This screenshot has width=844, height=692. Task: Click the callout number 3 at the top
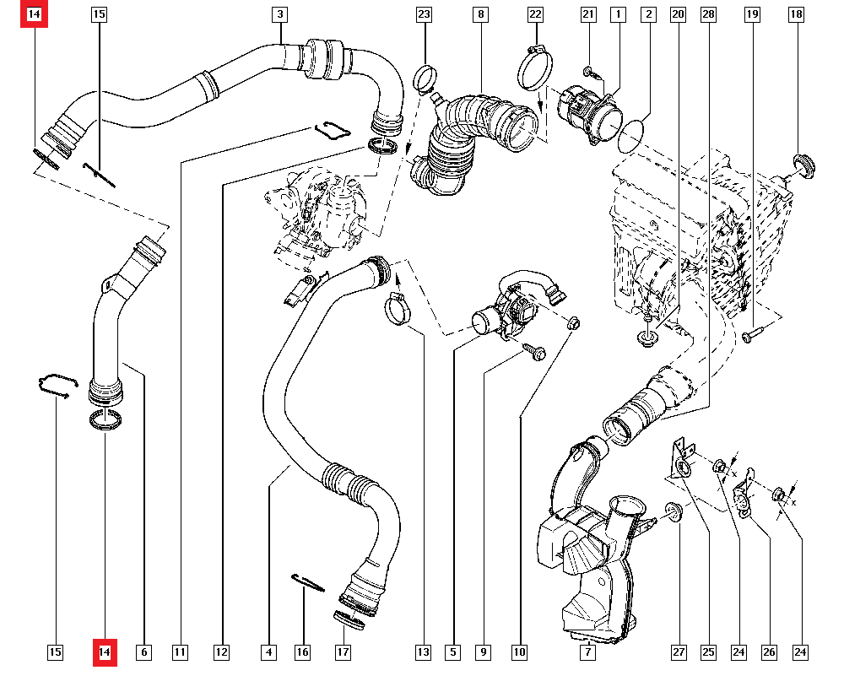tap(279, 14)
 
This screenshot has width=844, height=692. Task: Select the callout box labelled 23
tap(424, 14)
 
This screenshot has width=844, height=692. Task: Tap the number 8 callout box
tap(479, 14)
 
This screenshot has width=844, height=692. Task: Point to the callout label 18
tap(795, 14)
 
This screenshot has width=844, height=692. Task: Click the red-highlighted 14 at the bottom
tap(105, 652)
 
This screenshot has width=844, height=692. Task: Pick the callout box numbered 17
tap(343, 652)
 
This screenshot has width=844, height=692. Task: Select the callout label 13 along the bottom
tap(423, 652)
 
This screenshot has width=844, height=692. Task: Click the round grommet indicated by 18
tap(804, 166)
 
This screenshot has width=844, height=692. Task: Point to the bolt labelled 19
tap(751, 337)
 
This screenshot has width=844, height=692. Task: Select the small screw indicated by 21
tap(590, 72)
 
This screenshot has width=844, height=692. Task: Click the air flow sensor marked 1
tap(587, 113)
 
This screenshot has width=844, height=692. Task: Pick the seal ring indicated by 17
tap(349, 619)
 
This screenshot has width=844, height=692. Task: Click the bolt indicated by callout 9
tap(535, 351)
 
